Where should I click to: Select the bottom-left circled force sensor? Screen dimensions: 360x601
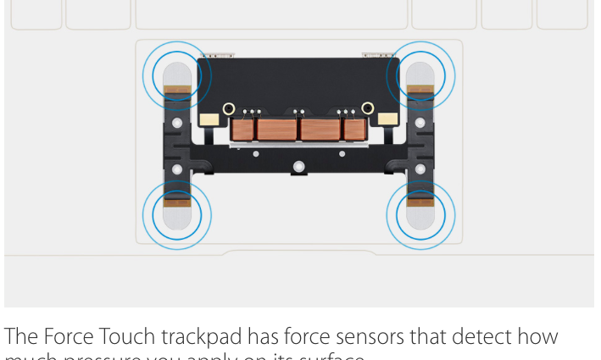[176, 214]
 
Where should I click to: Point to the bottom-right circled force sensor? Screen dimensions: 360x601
[420, 214]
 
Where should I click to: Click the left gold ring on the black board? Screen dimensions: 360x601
[228, 108]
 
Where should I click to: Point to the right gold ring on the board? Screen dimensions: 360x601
[368, 108]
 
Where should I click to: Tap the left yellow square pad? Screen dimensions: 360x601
[205, 119]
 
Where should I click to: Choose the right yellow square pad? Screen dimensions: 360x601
[390, 119]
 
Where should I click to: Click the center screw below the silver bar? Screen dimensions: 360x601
[298, 166]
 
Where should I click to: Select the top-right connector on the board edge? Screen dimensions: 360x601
[377, 56]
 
